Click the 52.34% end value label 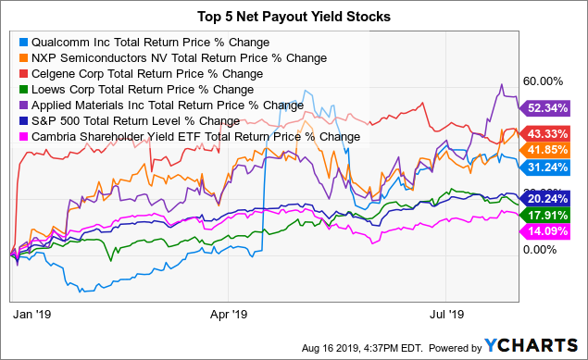[547, 108]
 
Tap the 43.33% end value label [547, 134]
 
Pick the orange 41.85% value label [547, 151]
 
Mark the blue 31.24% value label [547, 167]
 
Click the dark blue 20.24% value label [547, 198]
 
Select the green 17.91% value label [547, 215]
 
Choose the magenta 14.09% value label [547, 231]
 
